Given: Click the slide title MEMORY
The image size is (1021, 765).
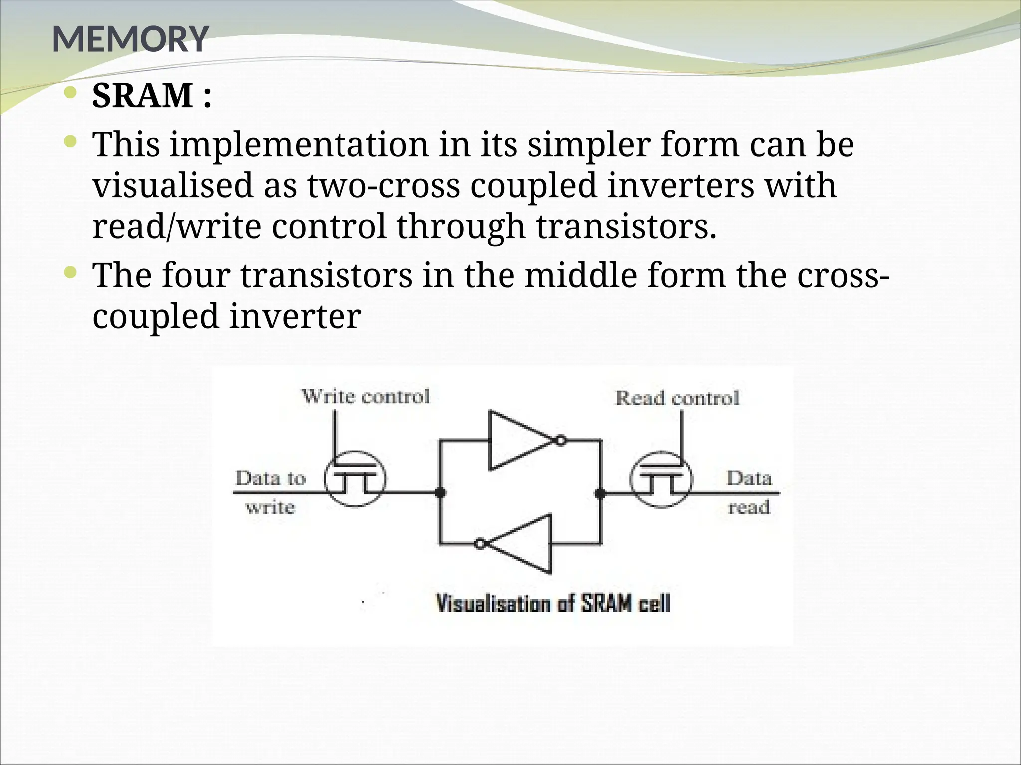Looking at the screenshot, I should [x=130, y=39].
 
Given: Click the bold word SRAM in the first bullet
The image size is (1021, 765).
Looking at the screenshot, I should [x=143, y=95].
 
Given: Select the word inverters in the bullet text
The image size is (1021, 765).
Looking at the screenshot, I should [x=681, y=186].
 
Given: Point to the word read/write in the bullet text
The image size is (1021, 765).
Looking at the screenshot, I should [x=176, y=226].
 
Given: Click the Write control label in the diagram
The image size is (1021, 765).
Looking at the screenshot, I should [x=365, y=397].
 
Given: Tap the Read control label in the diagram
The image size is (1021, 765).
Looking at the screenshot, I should [x=677, y=398].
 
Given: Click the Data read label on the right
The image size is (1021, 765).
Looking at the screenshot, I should [x=749, y=492].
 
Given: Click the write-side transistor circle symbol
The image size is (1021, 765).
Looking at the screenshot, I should [x=355, y=479].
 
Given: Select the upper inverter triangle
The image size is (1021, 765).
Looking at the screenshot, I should [x=518, y=440].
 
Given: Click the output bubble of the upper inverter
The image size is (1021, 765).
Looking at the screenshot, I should [x=561, y=441].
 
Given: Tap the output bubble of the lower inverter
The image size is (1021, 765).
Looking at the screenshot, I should [x=480, y=544].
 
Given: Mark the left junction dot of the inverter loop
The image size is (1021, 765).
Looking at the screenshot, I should [x=440, y=493].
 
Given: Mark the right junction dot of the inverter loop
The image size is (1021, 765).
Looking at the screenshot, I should [x=601, y=493].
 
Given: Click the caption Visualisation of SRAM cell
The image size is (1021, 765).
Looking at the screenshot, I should [x=553, y=604].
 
